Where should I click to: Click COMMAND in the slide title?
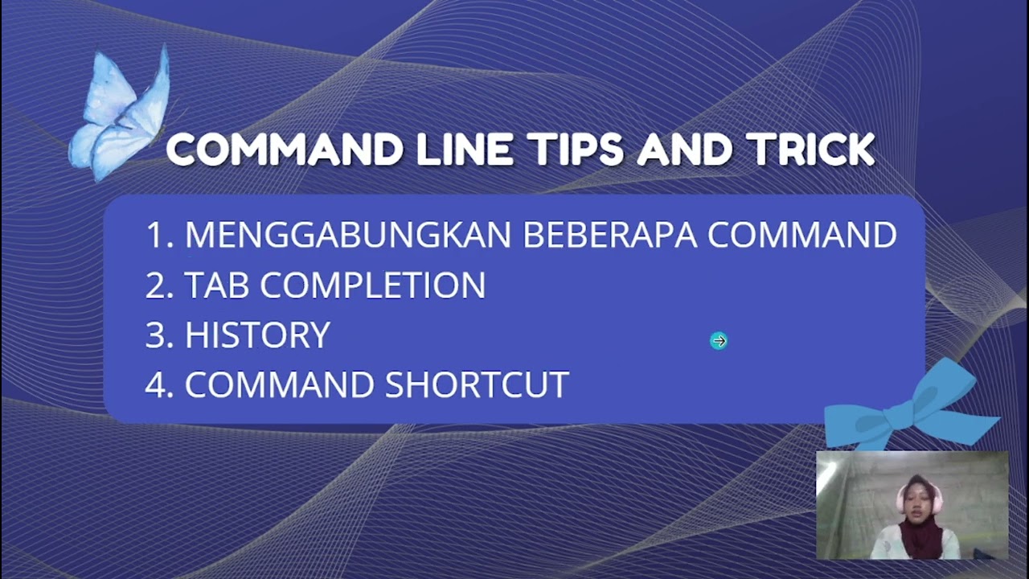pyautogui.click(x=285, y=150)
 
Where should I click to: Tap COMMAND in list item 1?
pyautogui.click(x=801, y=235)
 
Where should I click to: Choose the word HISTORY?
pyautogui.click(x=257, y=335)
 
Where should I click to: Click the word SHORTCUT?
pyautogui.click(x=477, y=385)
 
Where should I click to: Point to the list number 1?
pyautogui.click(x=158, y=235)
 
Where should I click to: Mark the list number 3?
pyautogui.click(x=158, y=335)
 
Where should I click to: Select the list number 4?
pyautogui.click(x=158, y=385)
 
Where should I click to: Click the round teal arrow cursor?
pyautogui.click(x=719, y=341)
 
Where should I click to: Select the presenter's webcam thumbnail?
pyautogui.click(x=912, y=505)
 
